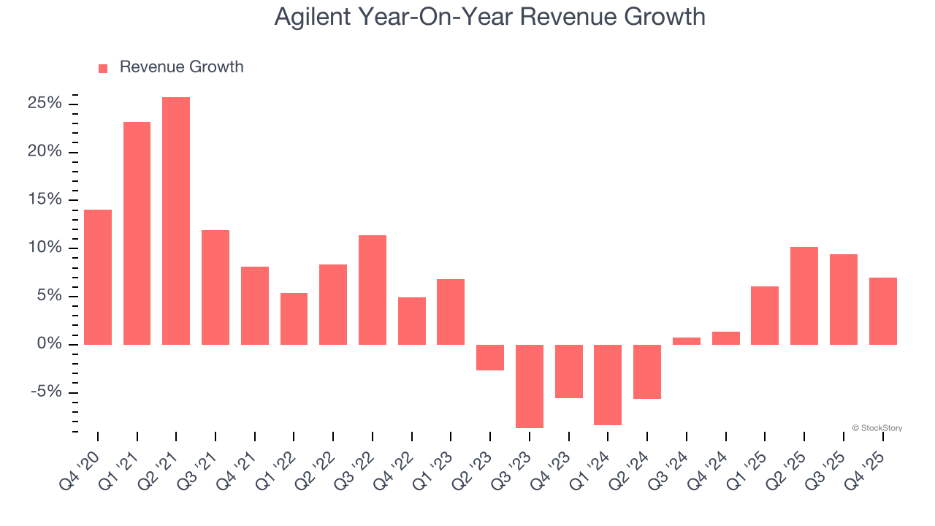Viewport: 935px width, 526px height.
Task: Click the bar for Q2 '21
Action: coord(176,221)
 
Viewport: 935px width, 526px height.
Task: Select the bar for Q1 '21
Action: coord(137,233)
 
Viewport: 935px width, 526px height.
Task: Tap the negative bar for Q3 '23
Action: coord(529,386)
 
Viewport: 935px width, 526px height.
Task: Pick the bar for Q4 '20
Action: coord(98,277)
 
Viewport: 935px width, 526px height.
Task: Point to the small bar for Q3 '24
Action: coord(686,340)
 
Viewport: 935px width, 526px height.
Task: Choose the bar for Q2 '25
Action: coord(804,296)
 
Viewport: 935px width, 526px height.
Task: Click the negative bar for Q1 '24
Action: coord(607,384)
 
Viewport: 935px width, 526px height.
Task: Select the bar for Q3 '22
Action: coord(372,289)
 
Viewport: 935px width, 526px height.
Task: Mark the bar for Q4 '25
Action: coord(882,310)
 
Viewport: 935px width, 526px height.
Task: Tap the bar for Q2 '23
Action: coord(489,357)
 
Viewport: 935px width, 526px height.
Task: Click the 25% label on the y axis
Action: coord(45,104)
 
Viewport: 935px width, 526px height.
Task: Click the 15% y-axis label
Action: coord(45,200)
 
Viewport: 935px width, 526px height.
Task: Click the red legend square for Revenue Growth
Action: coord(103,68)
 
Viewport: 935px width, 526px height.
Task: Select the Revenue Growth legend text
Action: coord(181,67)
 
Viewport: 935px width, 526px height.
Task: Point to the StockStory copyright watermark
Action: coord(877,428)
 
